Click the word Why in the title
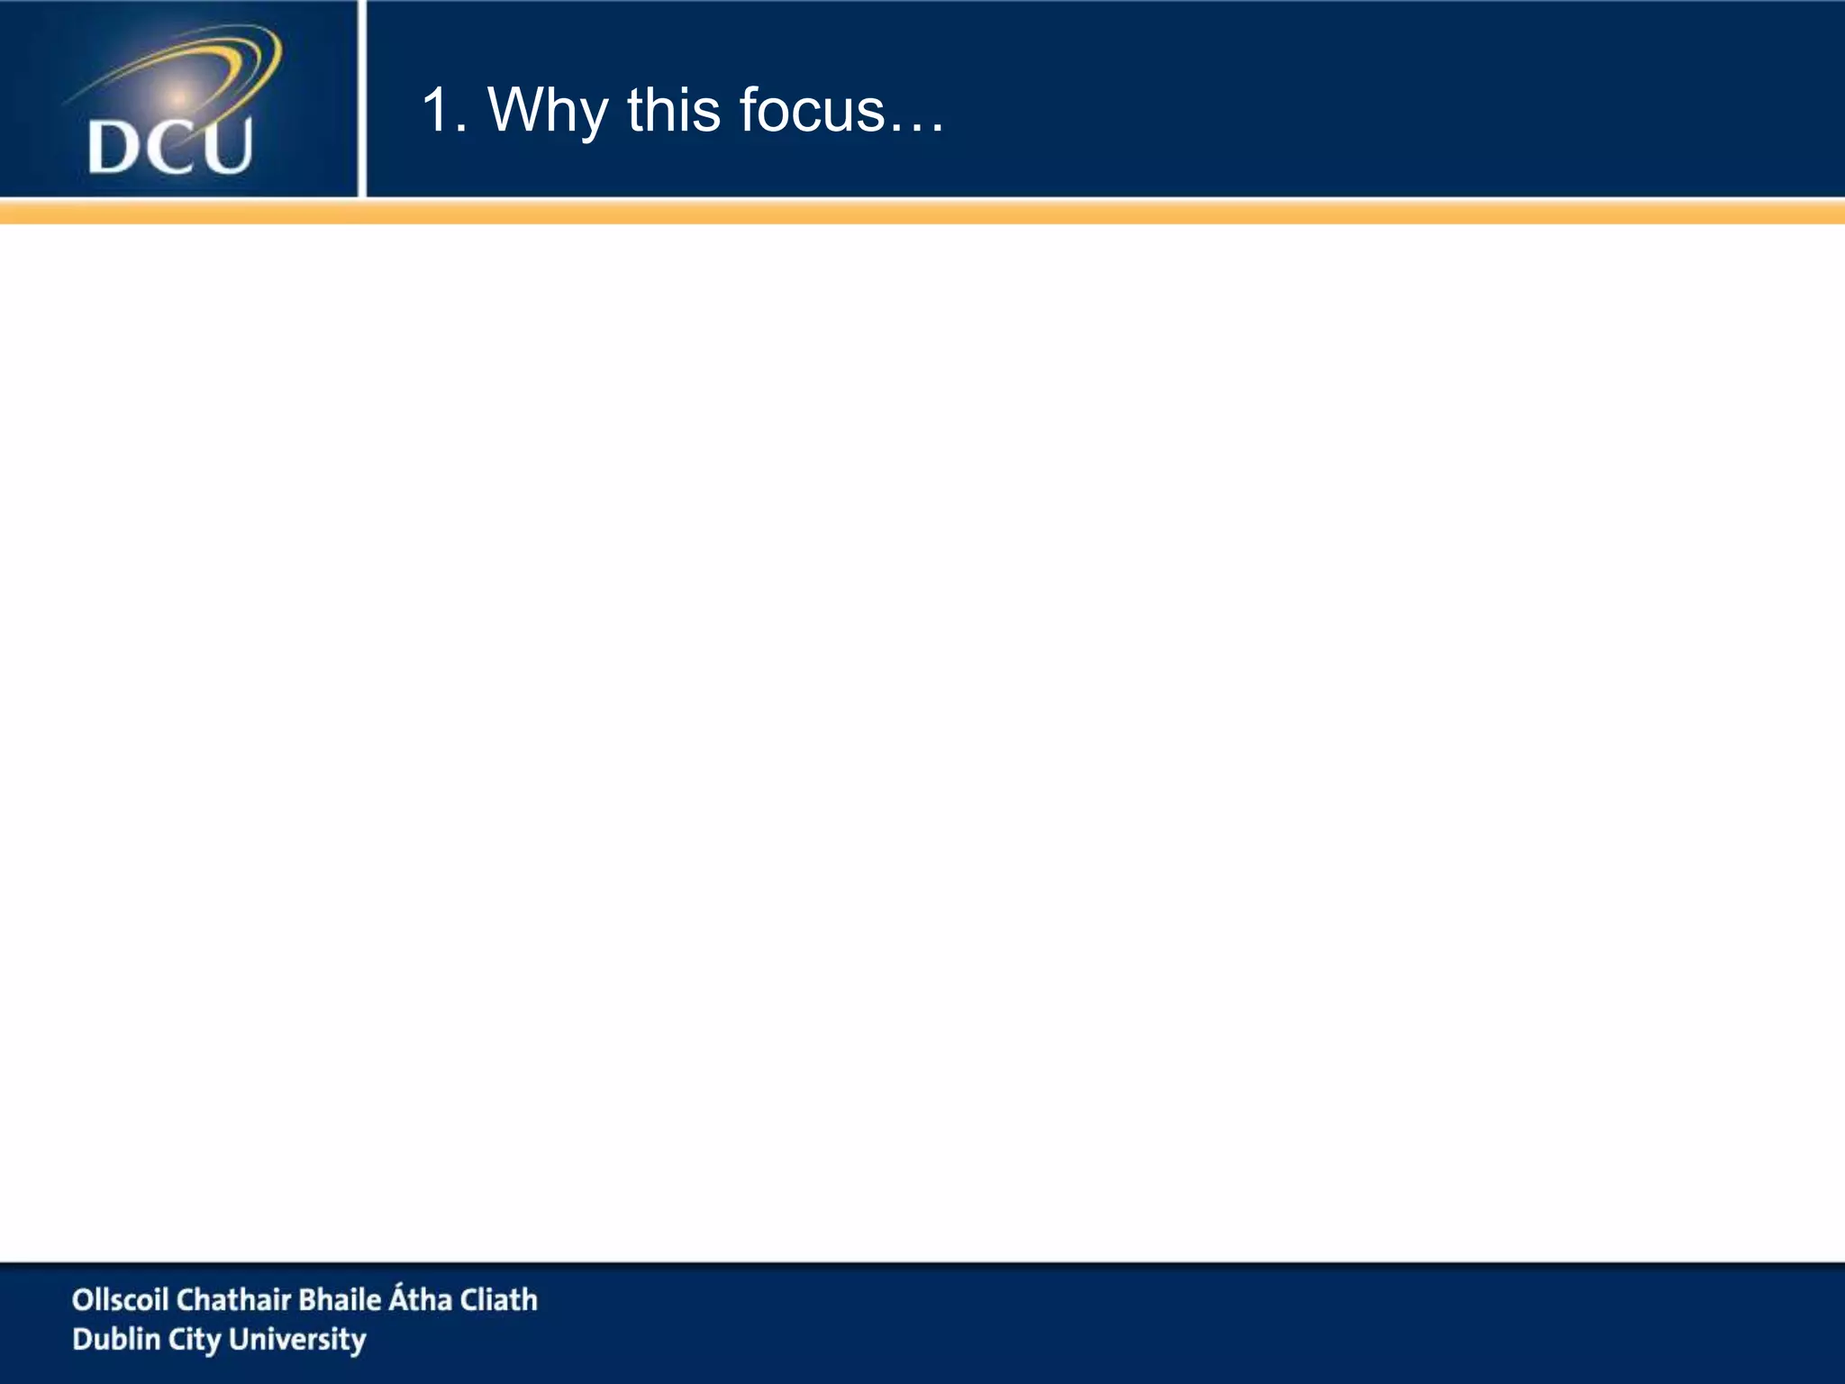coord(547,112)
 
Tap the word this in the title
coord(673,110)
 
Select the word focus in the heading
coord(811,110)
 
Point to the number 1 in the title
coord(437,110)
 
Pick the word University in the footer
coord(296,1340)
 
